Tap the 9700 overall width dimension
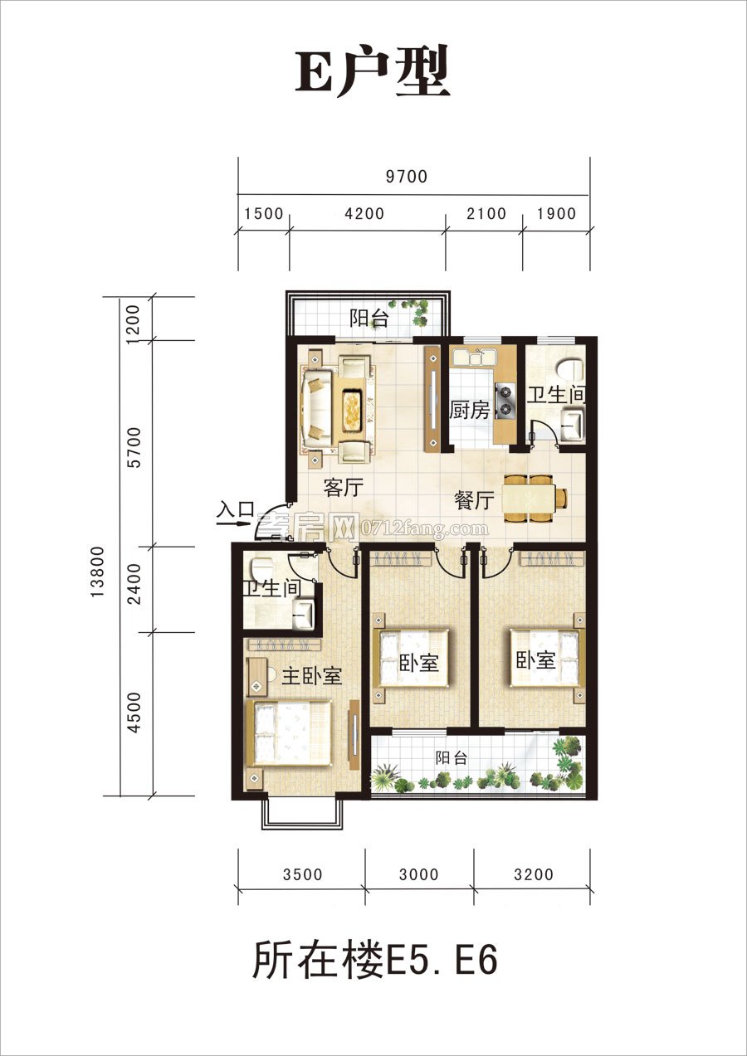[x=407, y=177]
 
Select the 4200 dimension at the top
[x=364, y=213]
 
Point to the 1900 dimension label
[x=556, y=213]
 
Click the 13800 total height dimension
[x=98, y=572]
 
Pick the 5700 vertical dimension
[x=134, y=447]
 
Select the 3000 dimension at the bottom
[x=419, y=874]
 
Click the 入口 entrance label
[x=236, y=509]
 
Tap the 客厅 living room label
[x=343, y=488]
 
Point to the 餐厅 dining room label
[x=474, y=500]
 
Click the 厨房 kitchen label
[x=470, y=410]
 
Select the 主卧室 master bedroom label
[x=311, y=677]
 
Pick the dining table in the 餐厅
[x=528, y=499]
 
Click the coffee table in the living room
[x=351, y=403]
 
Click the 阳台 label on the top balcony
[x=369, y=319]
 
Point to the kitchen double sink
[x=472, y=357]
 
